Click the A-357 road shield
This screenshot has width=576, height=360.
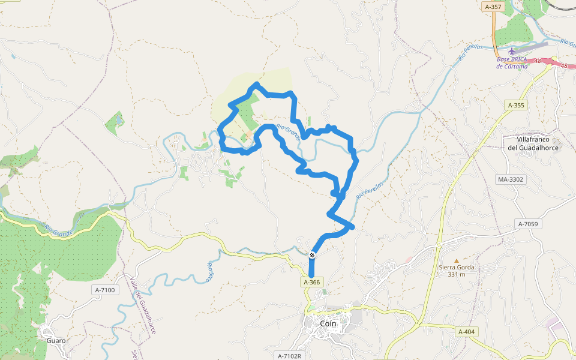[493, 7]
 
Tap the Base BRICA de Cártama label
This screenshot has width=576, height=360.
[512, 63]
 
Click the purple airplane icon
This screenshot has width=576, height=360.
[512, 51]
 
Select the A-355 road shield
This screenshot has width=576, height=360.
[516, 105]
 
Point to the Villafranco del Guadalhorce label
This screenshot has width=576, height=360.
[533, 143]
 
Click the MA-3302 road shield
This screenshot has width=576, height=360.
[511, 179]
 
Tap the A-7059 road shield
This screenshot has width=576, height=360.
[530, 224]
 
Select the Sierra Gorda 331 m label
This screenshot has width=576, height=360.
[457, 271]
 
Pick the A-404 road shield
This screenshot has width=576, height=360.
[466, 332]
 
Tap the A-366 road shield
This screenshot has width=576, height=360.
[312, 281]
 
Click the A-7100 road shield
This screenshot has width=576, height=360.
[104, 290]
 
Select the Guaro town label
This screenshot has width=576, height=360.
[56, 340]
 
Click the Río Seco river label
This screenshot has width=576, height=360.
[210, 272]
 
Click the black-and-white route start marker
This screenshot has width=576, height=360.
[313, 256]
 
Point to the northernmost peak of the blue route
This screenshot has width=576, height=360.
[257, 84]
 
